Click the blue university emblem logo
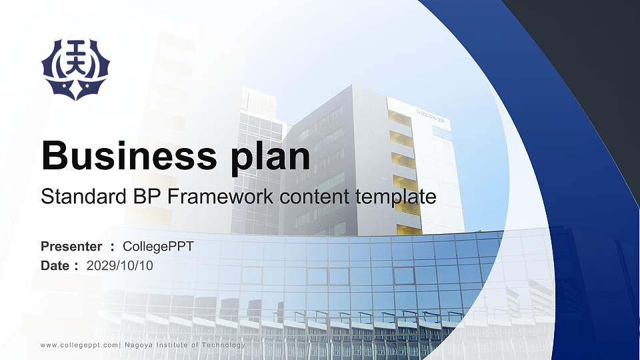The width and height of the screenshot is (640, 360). click(x=75, y=69)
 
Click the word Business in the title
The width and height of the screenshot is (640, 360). click(x=125, y=157)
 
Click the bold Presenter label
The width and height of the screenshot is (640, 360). click(x=71, y=247)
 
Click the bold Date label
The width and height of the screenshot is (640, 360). click(x=55, y=266)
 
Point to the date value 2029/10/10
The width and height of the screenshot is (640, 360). click(x=120, y=266)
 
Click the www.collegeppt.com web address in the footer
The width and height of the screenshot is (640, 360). click(x=79, y=345)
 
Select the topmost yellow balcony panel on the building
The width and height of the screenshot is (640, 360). click(x=400, y=118)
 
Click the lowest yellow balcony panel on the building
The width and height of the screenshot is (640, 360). click(x=408, y=229)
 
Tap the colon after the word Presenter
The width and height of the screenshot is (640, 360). click(x=112, y=247)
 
